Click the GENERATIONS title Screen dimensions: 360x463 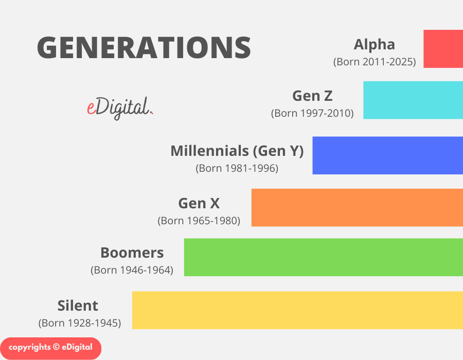pos(144,47)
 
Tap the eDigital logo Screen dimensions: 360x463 pos(120,107)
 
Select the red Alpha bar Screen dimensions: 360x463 pos(443,48)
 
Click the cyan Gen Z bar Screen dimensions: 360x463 pos(413,100)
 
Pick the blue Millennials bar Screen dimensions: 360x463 pos(387,155)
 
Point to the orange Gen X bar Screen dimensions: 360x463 pos(357,207)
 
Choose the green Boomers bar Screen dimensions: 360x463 pos(324,257)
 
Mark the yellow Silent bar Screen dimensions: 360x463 pos(297,310)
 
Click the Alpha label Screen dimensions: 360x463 pos(374,44)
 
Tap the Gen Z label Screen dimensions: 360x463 pos(312,96)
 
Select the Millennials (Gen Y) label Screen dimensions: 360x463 pos(237,151)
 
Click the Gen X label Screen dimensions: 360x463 pos(199,203)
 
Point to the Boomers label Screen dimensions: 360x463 pos(132,253)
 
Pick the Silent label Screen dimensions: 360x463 pos(78,305)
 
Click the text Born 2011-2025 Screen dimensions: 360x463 pos(374,62)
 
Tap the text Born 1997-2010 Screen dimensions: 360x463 pos(312,113)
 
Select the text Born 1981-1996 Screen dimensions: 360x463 pos(237,168)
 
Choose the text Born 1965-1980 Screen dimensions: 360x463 pos(199,221)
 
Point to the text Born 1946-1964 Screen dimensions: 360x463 pos(132,270)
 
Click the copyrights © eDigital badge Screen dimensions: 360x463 pos(50,347)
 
